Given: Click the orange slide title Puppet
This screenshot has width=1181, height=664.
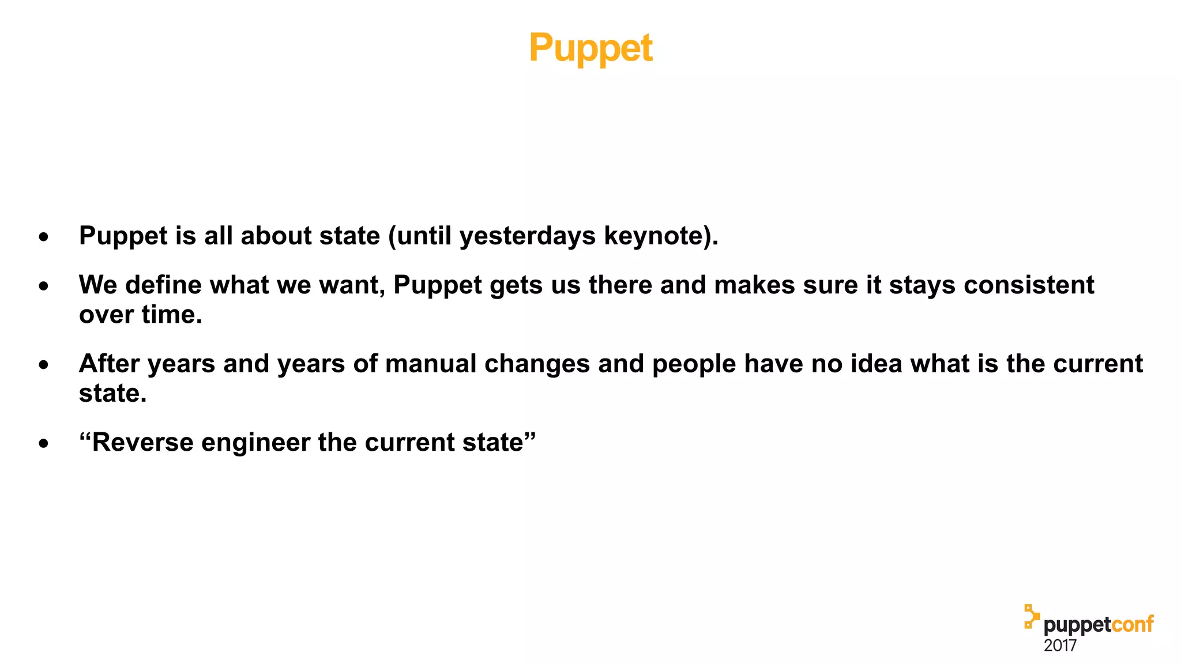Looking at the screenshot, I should pos(590,48).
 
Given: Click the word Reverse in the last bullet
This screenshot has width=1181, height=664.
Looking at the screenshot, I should pos(142,443).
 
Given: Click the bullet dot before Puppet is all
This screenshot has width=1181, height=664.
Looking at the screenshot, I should pos(44,237).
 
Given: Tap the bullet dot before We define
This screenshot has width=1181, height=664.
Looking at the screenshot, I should pos(44,286).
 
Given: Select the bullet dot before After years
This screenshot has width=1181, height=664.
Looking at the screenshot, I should pos(44,365).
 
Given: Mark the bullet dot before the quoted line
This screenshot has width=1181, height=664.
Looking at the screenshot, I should pos(44,444).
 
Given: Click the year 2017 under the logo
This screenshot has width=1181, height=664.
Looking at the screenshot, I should pos(1060,646).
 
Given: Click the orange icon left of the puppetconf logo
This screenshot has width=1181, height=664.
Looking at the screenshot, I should pos(1031,616).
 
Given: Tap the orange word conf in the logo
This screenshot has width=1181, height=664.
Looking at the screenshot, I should pos(1132,625).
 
